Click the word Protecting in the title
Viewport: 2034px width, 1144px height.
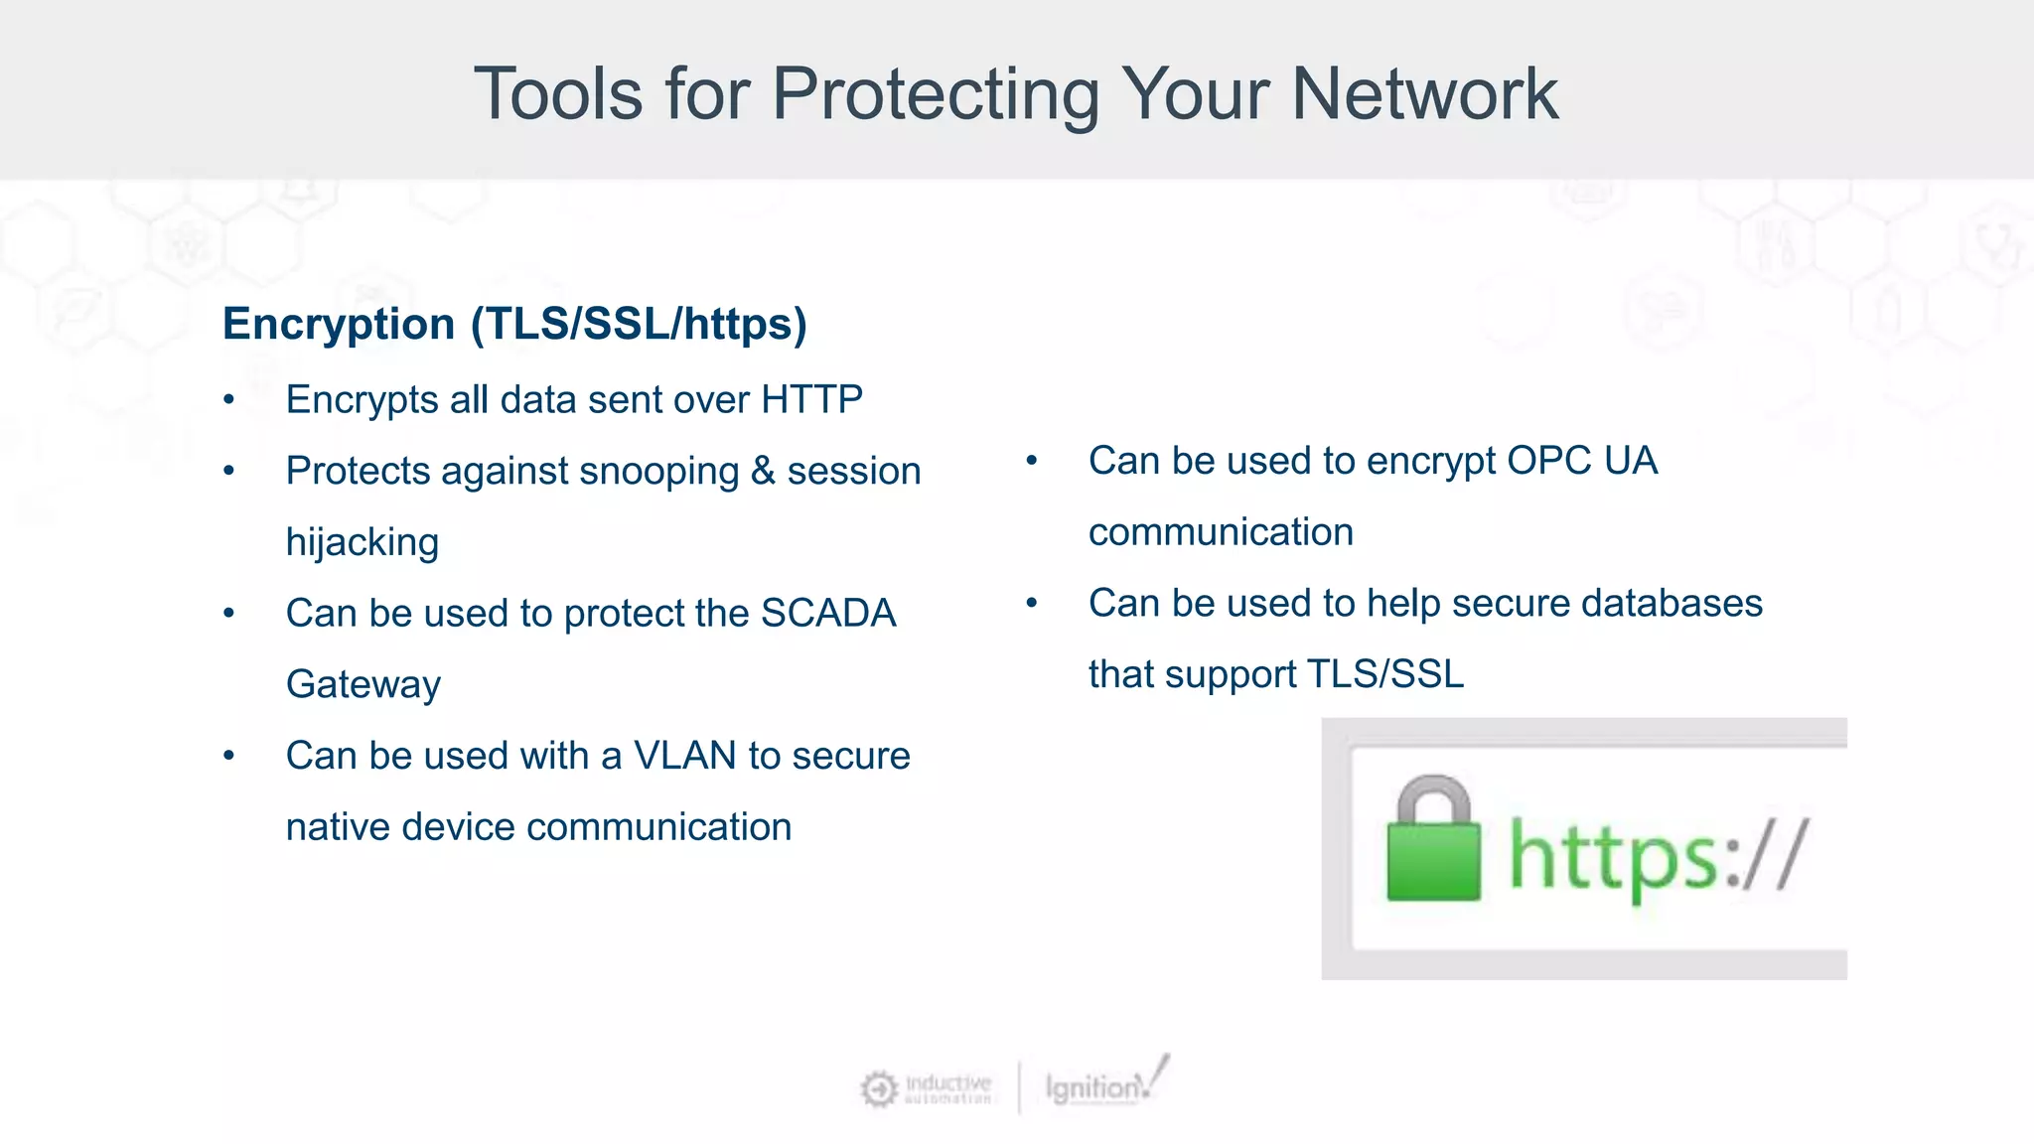pos(936,95)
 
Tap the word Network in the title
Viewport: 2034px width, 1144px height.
pos(1424,95)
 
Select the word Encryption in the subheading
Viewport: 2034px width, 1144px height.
pos(339,325)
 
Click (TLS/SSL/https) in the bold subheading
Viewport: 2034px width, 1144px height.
pos(639,325)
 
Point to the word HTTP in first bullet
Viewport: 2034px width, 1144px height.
pos(811,399)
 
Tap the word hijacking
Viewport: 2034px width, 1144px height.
pos(362,543)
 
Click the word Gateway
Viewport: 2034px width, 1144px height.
pos(363,685)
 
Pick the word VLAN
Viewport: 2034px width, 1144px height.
pos(684,757)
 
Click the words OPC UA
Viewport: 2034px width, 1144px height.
pos(1581,461)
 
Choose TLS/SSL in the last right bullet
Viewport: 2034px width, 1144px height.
pos(1384,674)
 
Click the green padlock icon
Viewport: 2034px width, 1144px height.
pos(1432,840)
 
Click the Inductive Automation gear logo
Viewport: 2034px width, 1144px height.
pos(879,1089)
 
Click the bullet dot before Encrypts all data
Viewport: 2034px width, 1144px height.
pos(229,400)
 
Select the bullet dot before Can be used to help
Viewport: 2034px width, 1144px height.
pos(1032,603)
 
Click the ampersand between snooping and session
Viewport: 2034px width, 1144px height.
pos(763,472)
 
